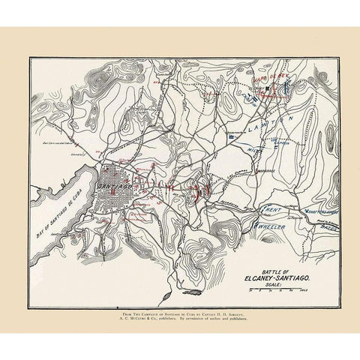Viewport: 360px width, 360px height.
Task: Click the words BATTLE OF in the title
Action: [271, 271]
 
